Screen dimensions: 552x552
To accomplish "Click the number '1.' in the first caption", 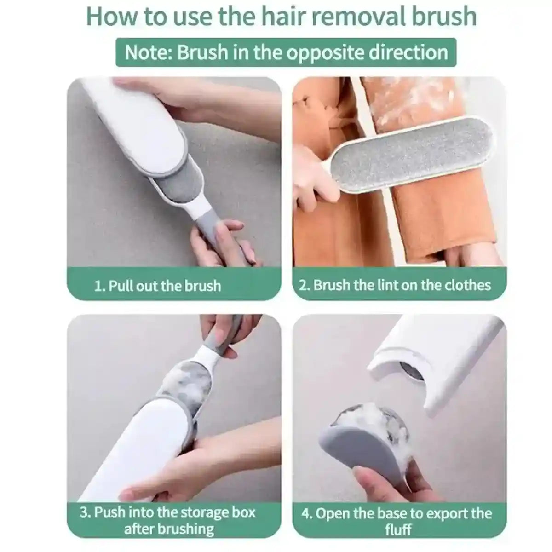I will point(100,286).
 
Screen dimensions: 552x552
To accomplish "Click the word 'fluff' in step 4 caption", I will point(398,529).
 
